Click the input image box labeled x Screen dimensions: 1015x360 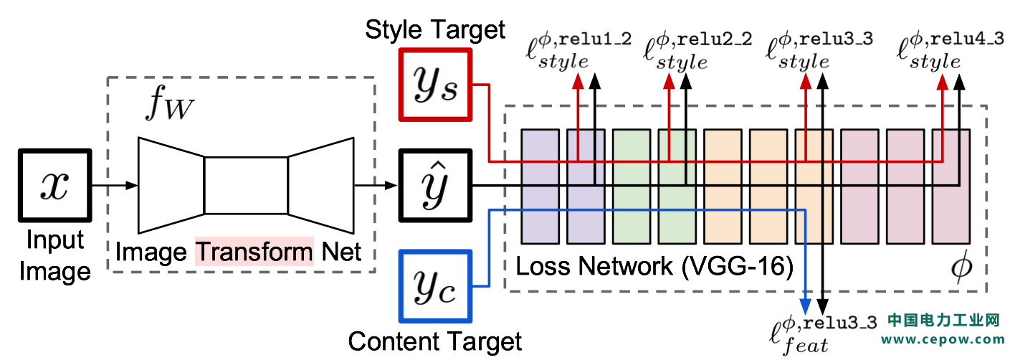54,186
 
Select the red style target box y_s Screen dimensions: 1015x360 435,85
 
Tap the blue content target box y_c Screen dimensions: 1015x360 435,286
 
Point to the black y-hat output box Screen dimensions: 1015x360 435,186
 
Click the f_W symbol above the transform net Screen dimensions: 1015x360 169,103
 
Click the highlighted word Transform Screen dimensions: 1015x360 254,251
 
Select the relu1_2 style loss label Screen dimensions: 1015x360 578,51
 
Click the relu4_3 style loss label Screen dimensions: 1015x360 950,51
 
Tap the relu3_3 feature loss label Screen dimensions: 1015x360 823,335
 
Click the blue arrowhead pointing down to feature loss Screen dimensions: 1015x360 805,306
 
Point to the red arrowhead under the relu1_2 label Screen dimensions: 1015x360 578,82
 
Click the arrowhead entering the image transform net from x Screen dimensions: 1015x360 131,186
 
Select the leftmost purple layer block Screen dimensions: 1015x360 540,186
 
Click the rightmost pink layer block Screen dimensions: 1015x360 951,186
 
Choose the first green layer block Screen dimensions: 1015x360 632,186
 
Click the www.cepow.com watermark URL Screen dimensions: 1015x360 943,339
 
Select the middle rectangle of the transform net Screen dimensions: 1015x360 246,186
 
